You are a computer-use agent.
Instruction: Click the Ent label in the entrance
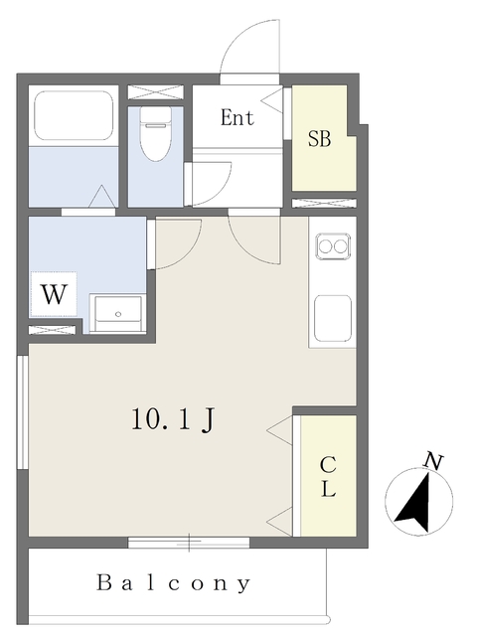238,117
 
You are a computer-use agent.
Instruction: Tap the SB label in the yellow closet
319,139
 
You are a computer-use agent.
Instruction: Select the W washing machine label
54,294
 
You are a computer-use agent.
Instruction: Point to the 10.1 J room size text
172,419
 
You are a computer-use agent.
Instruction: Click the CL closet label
328,477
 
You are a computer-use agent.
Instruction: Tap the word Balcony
173,583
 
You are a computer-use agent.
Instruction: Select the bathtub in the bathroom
74,115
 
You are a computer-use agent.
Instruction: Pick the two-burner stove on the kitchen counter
333,245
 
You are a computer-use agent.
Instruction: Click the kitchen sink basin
333,318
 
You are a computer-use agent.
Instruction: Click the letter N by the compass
433,461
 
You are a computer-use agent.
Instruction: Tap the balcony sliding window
189,543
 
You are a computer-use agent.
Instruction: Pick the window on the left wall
22,412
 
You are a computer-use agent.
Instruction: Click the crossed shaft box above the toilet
156,92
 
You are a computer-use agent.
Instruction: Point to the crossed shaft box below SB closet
324,203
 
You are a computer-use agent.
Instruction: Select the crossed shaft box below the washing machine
53,330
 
